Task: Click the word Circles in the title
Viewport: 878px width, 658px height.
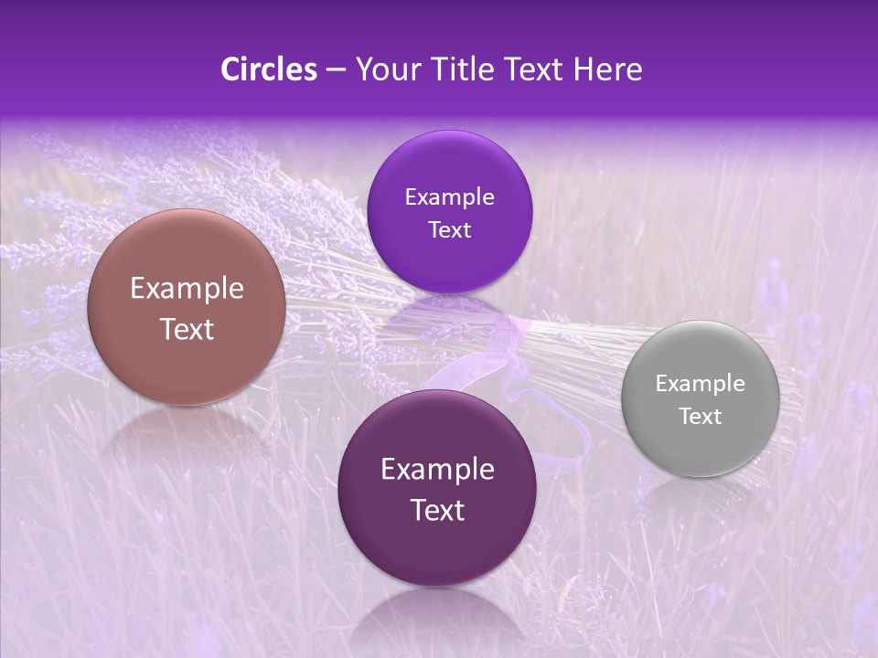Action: point(269,69)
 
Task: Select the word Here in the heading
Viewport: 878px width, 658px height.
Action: point(607,69)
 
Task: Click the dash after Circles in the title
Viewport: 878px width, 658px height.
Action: point(336,70)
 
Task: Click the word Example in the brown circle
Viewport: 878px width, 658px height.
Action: point(187,289)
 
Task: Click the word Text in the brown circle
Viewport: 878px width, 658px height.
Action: point(187,329)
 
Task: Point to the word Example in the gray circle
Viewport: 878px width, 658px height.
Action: point(700,384)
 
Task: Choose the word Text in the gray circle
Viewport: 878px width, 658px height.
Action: point(700,417)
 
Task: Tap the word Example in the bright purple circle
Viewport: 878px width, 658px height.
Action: point(449,197)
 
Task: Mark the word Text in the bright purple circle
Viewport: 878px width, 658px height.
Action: point(449,230)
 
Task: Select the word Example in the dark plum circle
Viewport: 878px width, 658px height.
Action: point(437,470)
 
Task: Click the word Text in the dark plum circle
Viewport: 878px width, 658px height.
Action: point(437,510)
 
